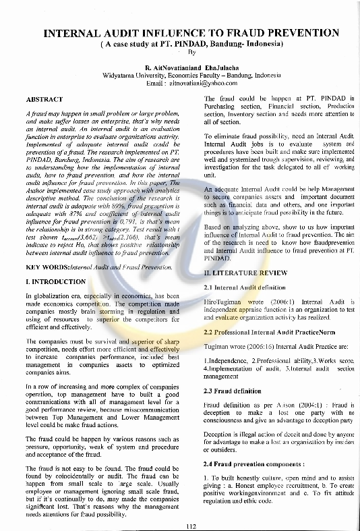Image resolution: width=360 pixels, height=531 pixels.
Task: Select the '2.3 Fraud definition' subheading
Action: pyautogui.click(x=232, y=391)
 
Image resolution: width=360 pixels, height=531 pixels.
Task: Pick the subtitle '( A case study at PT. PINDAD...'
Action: pyautogui.click(x=191, y=43)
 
